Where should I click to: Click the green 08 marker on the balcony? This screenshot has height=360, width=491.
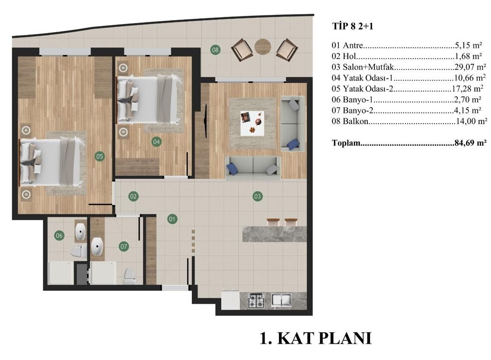pos(215,49)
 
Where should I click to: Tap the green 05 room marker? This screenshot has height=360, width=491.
pos(100,156)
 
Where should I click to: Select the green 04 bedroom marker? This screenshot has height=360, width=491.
pos(156,142)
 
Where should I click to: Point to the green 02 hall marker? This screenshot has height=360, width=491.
pos(133,196)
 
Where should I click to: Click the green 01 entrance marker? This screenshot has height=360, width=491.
pos(172,219)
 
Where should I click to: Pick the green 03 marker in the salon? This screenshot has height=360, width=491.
pos(257,196)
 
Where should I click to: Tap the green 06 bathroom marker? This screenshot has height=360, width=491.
pos(59,235)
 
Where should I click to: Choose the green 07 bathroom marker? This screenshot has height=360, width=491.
pos(124,246)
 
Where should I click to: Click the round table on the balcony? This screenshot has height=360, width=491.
pos(263,46)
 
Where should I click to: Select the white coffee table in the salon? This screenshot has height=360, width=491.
pos(252,123)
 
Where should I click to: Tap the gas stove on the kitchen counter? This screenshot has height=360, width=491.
pos(256,301)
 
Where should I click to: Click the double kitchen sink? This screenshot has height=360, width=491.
pos(281,300)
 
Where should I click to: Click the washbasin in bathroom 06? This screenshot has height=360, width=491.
pos(81,232)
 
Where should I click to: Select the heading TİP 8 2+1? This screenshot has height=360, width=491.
pos(352,26)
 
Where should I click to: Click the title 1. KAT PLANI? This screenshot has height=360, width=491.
pos(316,338)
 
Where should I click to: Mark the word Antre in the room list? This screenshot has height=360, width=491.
pos(353,46)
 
